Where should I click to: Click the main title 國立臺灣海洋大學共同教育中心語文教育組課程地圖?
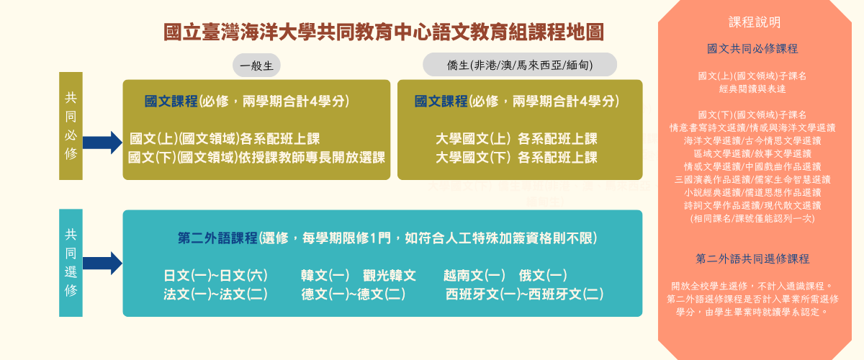tap(383, 32)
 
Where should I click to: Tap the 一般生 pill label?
tap(256, 66)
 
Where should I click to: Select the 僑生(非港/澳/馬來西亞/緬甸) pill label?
tap(520, 66)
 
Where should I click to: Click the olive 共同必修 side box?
tap(71, 125)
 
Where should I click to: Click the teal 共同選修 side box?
tap(71, 263)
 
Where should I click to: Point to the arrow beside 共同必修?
tap(102, 142)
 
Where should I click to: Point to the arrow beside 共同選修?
tap(102, 264)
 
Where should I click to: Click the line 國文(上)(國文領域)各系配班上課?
tap(225, 139)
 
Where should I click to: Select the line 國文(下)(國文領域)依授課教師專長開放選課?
tap(256, 157)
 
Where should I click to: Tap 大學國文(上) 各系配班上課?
tap(516, 139)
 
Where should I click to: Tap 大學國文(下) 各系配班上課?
tap(516, 157)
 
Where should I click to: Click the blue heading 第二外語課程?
tap(217, 238)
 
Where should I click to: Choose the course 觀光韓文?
tap(390, 276)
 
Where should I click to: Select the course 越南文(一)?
tap(474, 276)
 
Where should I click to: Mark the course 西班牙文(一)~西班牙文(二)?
tap(525, 294)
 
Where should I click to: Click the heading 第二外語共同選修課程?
tap(753, 258)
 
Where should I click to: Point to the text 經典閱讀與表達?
tap(752, 89)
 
